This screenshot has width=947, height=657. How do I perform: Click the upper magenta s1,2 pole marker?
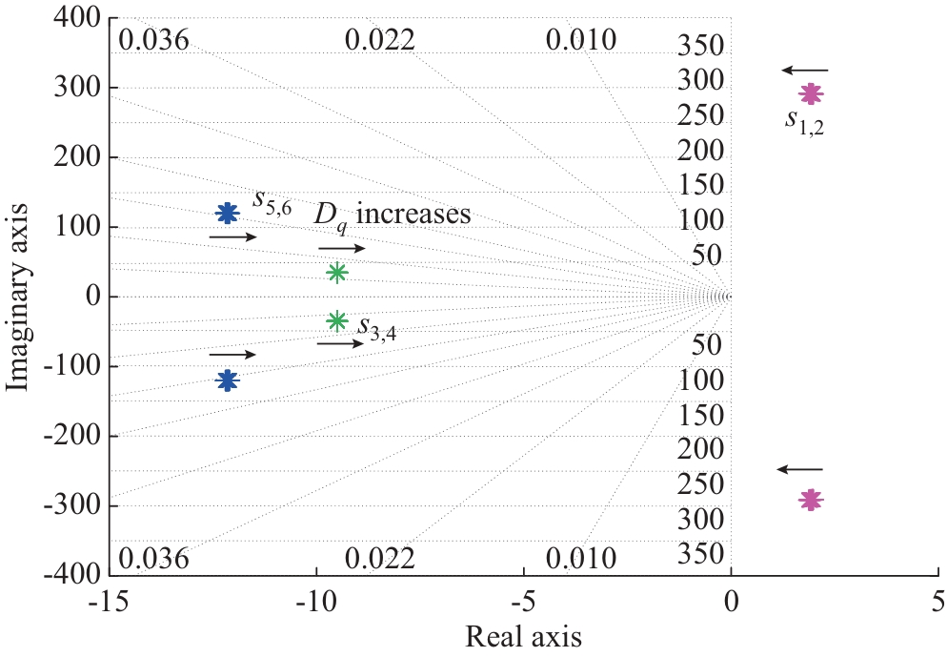pyautogui.click(x=811, y=93)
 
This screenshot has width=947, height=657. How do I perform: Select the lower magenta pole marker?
pyautogui.click(x=811, y=500)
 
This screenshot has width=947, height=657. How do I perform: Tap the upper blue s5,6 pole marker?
pyautogui.click(x=227, y=213)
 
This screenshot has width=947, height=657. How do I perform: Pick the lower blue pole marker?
pyautogui.click(x=227, y=380)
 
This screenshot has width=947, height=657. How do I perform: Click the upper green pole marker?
pyautogui.click(x=336, y=272)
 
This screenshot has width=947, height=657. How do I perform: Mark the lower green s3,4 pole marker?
pyautogui.click(x=336, y=320)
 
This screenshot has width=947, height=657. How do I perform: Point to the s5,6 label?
pyautogui.click(x=272, y=201)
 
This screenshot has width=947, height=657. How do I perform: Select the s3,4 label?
pyautogui.click(x=376, y=327)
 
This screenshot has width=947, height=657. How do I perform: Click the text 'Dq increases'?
pyautogui.click(x=393, y=215)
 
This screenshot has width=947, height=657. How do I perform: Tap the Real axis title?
pyautogui.click(x=522, y=634)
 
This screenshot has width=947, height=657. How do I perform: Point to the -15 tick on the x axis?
pyautogui.click(x=111, y=602)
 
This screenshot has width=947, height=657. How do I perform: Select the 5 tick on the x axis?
pyautogui.click(x=938, y=602)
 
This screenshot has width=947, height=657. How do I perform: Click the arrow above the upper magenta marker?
pyautogui.click(x=805, y=70)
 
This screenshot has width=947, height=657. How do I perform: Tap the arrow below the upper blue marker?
pyautogui.click(x=232, y=236)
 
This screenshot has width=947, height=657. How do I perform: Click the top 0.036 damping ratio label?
pyautogui.click(x=155, y=40)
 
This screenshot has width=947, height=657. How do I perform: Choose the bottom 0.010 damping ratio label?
pyautogui.click(x=582, y=558)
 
